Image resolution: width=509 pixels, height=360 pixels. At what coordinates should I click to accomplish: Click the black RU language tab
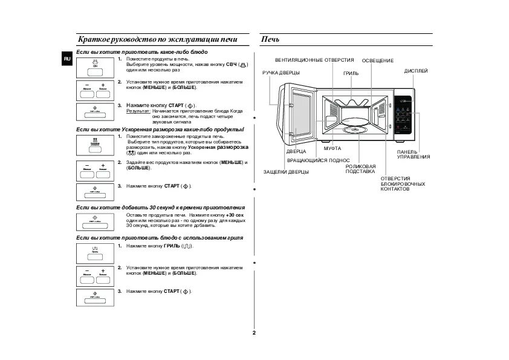[67, 58]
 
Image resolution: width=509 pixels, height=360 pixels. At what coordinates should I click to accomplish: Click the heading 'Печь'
[270, 40]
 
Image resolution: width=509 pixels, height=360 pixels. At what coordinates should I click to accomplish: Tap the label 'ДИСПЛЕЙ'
[415, 71]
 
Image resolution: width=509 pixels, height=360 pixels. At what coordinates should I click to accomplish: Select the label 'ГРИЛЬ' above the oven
[351, 73]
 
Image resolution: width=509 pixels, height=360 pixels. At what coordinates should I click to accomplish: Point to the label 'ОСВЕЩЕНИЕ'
[378, 61]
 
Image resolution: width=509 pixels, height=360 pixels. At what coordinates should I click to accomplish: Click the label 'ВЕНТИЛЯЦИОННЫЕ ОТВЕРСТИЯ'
[314, 61]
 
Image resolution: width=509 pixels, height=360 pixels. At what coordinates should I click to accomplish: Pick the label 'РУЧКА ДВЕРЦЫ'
[280, 73]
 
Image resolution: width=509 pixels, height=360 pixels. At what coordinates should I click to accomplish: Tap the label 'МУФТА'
[332, 148]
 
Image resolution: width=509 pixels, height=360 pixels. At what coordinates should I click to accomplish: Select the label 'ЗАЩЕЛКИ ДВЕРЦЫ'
[286, 172]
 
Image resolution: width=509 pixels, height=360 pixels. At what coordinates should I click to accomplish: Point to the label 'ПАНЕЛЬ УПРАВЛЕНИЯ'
[413, 154]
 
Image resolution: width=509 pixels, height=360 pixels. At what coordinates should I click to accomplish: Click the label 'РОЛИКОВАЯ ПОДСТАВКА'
[361, 169]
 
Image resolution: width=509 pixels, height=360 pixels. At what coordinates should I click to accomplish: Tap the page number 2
[254, 333]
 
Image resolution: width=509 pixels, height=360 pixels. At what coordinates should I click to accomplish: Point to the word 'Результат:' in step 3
[138, 111]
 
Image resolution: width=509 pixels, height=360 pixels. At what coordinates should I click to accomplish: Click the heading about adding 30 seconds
[161, 207]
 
